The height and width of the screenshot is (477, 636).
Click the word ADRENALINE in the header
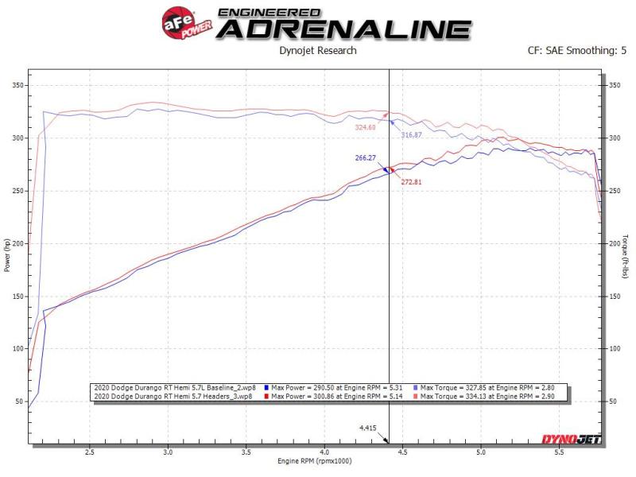[343, 29]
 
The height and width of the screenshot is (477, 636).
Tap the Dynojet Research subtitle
[317, 51]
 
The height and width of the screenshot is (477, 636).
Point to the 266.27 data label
[366, 158]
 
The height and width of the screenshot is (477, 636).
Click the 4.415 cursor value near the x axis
[367, 428]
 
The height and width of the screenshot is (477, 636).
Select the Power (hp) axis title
[8, 256]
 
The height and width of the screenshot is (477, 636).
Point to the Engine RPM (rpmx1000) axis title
[317, 461]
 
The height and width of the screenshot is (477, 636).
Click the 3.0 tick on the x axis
[168, 452]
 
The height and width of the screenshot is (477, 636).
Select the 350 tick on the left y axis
[15, 85]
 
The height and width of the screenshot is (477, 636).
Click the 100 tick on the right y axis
[614, 348]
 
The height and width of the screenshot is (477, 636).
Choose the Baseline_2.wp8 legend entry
[176, 386]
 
